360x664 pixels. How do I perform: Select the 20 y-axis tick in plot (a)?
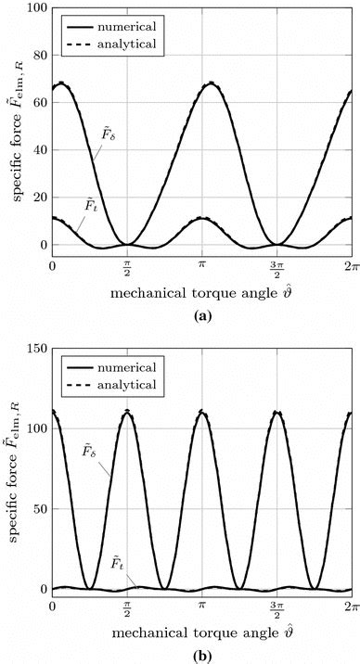37,197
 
